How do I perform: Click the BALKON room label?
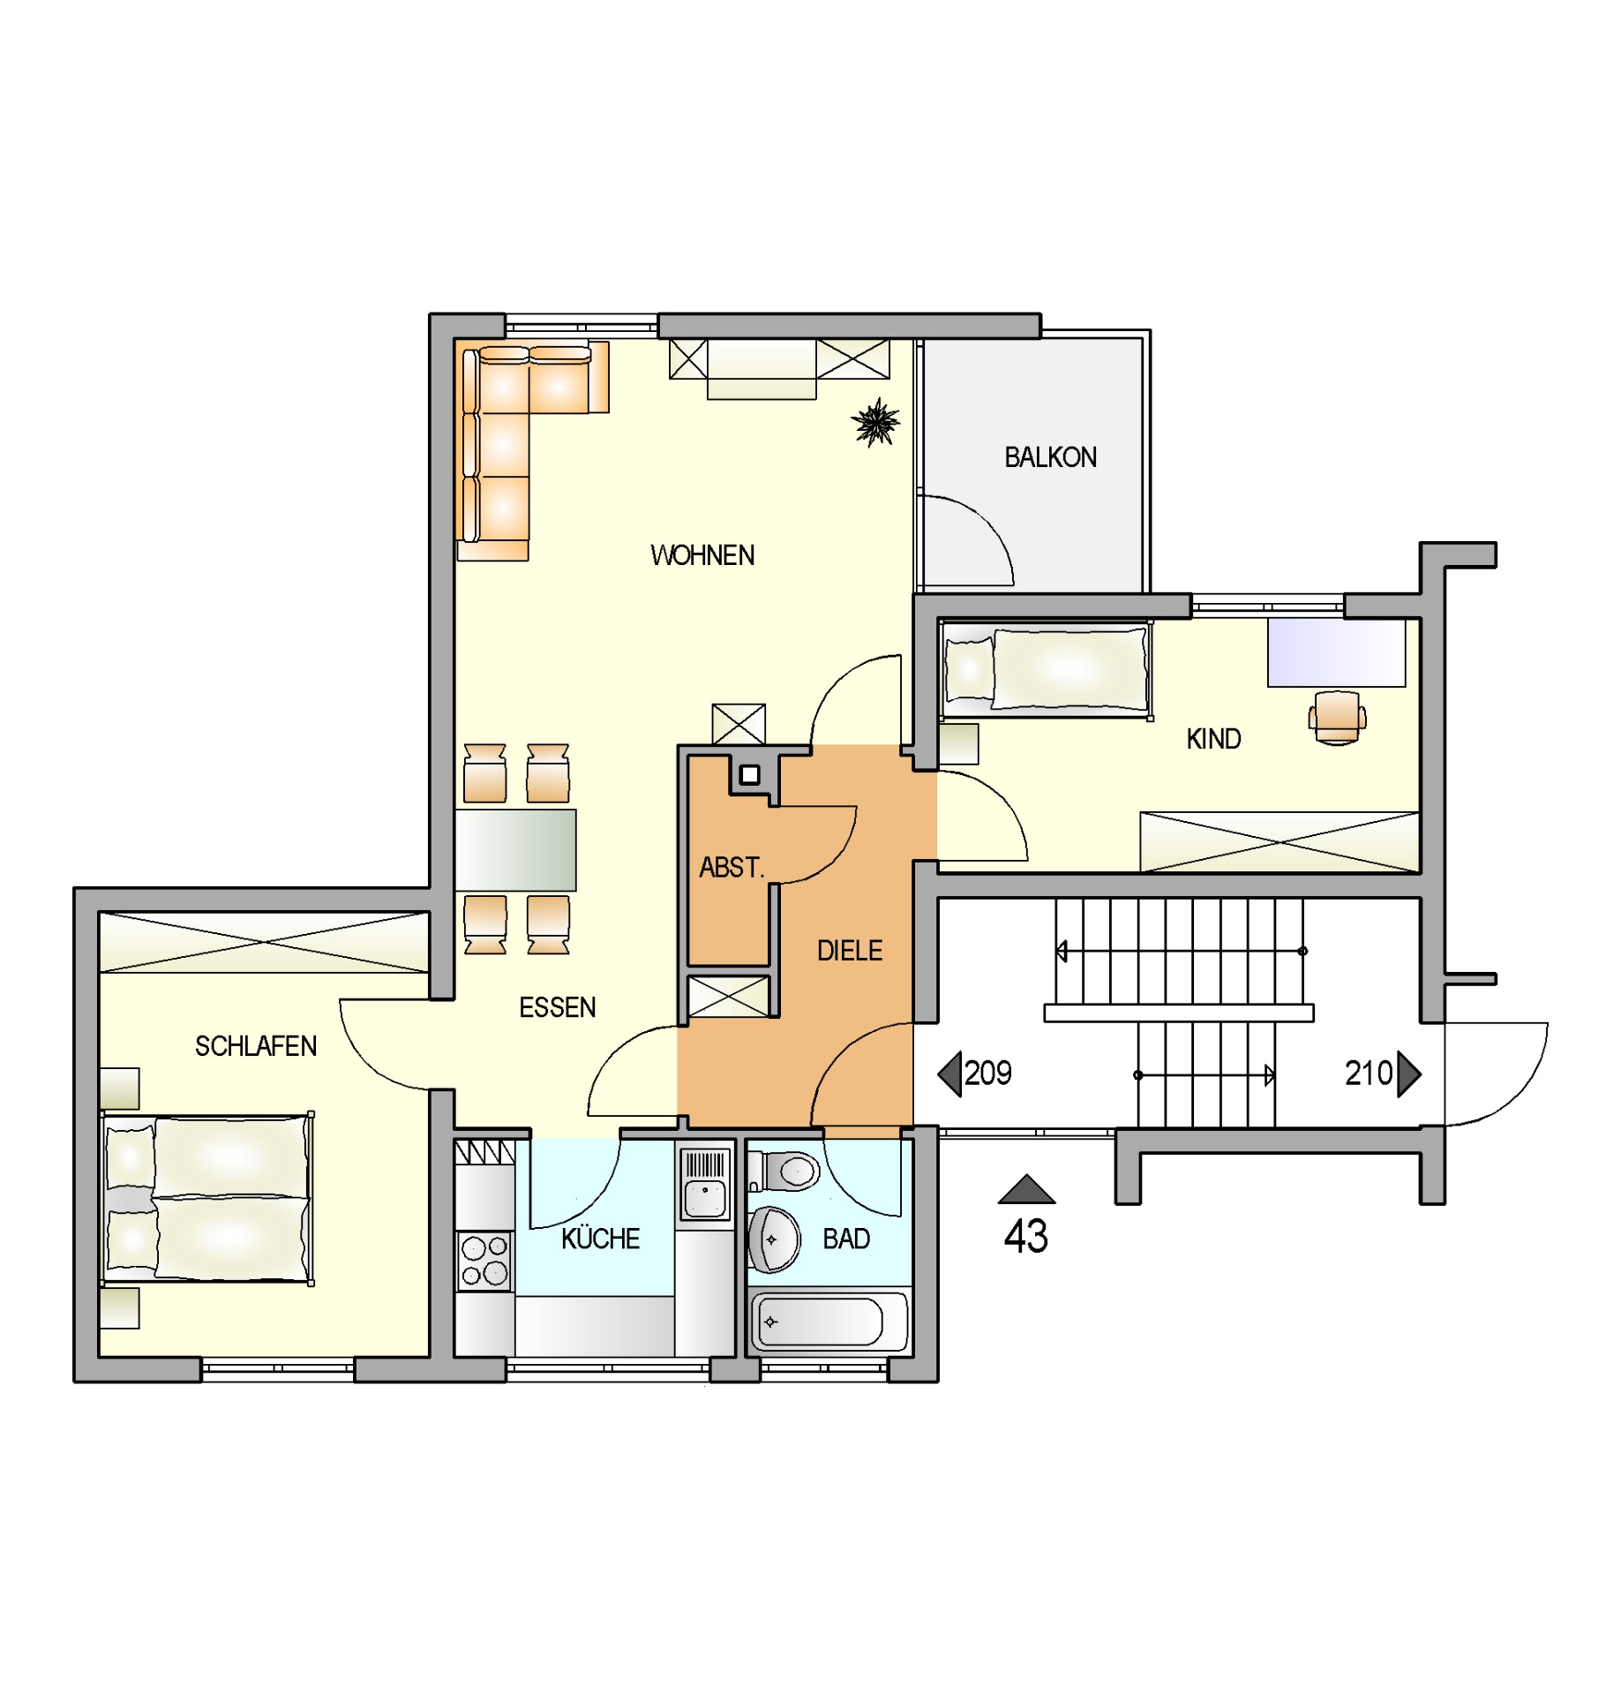[1050, 457]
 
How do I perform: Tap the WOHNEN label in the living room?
[702, 555]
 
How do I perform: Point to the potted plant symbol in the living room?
[875, 422]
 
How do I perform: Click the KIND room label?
[1213, 739]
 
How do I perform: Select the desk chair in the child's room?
[1337, 718]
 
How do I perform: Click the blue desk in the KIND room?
[1336, 652]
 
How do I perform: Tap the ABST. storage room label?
[732, 868]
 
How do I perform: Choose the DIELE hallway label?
[850, 951]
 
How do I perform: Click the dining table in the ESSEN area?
[516, 849]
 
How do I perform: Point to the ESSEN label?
[557, 1007]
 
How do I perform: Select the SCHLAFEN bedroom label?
[256, 1046]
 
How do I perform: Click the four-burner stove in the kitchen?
[485, 1260]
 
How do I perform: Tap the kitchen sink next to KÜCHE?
[705, 1184]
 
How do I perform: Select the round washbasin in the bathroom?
[774, 1239]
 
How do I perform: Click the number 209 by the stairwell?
[987, 1073]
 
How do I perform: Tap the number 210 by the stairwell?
[1368, 1073]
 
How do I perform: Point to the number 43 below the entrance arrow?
[1025, 1236]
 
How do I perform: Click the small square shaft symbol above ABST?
[750, 775]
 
